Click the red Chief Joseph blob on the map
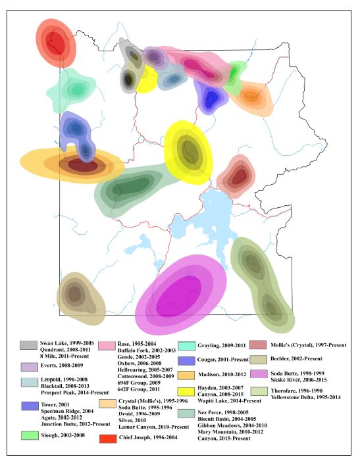click(x=55, y=44)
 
